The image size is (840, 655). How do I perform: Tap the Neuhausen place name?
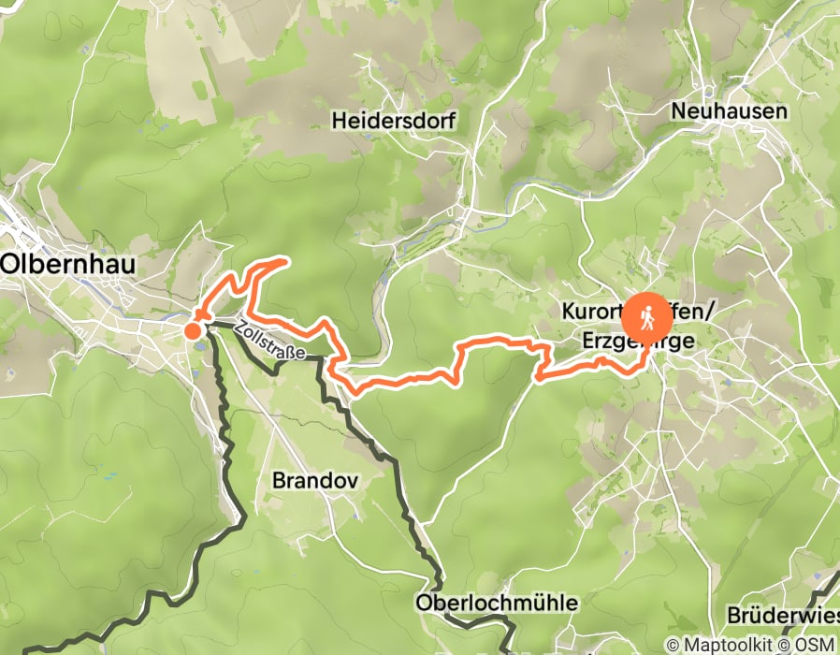[x=730, y=111]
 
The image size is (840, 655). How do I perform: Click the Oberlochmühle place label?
[x=499, y=603]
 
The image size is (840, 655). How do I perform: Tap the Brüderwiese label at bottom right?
[x=784, y=618]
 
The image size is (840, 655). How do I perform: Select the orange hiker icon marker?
[x=646, y=318]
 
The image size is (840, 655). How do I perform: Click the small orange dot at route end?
[x=193, y=329]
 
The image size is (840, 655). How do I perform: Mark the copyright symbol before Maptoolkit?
[x=673, y=645]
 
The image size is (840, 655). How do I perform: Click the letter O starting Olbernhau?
[x=11, y=265]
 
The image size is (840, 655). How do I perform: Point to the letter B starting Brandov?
[x=278, y=480]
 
